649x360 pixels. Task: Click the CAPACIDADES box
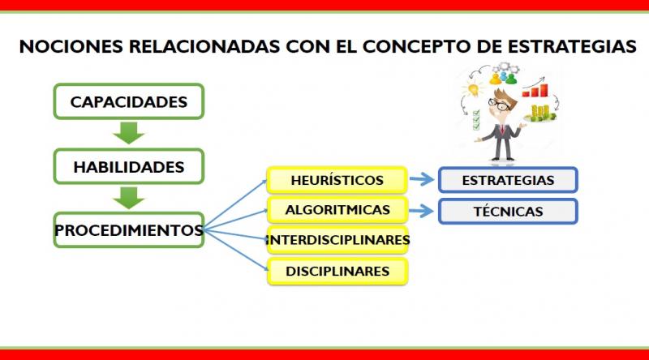click(x=129, y=101)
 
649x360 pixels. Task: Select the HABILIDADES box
click(x=129, y=166)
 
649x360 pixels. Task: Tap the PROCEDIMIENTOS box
click(x=129, y=230)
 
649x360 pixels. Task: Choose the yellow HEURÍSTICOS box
click(x=337, y=180)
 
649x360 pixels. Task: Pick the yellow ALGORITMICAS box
click(x=337, y=210)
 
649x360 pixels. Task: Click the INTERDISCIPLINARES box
click(x=337, y=239)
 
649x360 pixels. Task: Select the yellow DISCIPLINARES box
click(x=337, y=271)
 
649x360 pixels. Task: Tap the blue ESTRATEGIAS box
click(x=508, y=180)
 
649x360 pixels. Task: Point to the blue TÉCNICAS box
click(x=508, y=212)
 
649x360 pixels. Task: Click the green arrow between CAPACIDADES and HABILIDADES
click(x=129, y=133)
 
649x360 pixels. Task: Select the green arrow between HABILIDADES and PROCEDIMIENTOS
click(x=129, y=198)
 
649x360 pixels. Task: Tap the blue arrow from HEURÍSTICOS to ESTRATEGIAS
click(x=422, y=179)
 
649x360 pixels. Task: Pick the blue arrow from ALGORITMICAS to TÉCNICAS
click(x=422, y=211)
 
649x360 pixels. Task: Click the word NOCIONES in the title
click(x=71, y=46)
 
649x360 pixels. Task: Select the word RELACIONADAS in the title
click(x=204, y=46)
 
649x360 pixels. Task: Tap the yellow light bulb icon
click(x=474, y=89)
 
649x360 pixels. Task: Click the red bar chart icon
click(x=535, y=91)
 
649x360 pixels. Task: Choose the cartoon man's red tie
click(x=502, y=130)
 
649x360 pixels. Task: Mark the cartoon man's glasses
click(x=499, y=104)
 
